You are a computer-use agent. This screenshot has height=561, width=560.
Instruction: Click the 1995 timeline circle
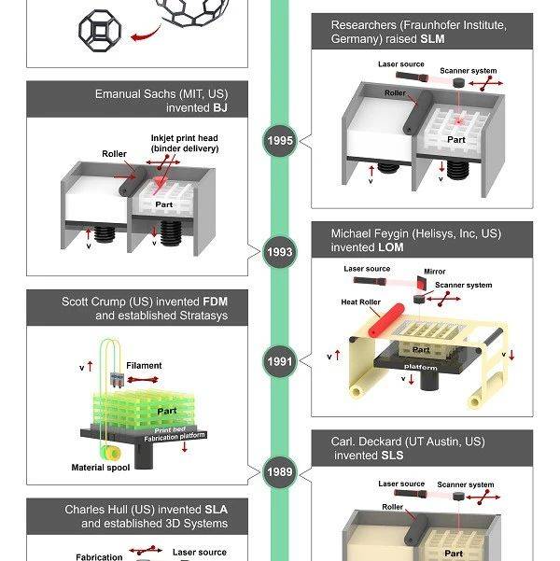(279, 142)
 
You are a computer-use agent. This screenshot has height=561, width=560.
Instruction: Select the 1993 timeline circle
(279, 252)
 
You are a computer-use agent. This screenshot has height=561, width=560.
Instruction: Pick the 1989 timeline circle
(279, 472)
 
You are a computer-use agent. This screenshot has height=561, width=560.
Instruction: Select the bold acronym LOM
(393, 248)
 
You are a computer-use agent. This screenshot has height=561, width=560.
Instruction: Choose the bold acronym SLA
(216, 510)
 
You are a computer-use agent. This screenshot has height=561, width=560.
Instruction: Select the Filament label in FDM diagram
(144, 366)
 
